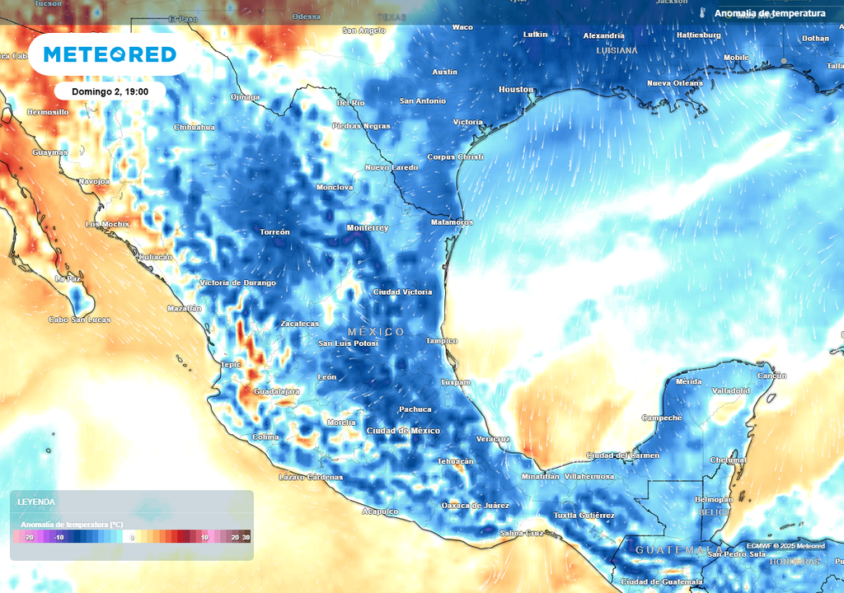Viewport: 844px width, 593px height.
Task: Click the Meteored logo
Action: click(x=110, y=54)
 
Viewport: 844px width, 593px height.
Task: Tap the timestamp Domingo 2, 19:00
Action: click(x=110, y=91)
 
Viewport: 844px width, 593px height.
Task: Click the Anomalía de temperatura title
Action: click(x=769, y=13)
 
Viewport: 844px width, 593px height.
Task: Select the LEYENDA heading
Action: click(x=37, y=502)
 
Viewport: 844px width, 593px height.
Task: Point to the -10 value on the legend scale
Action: click(x=59, y=537)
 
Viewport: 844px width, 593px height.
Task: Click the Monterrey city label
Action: click(x=367, y=228)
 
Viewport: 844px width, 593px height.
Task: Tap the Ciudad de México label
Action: click(x=403, y=431)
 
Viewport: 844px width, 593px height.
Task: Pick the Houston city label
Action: click(x=516, y=89)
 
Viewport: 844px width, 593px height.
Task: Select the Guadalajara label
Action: click(x=276, y=391)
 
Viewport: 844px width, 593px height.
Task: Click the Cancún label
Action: click(x=771, y=376)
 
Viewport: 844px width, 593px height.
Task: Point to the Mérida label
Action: click(x=688, y=382)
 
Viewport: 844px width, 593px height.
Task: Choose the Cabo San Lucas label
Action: click(x=79, y=320)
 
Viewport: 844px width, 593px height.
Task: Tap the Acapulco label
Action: click(x=380, y=511)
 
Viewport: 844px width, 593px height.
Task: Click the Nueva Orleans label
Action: click(x=674, y=83)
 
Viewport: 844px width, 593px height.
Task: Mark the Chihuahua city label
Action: click(x=195, y=128)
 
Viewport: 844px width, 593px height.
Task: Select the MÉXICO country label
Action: click(x=376, y=332)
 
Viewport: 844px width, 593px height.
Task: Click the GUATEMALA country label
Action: click(x=679, y=549)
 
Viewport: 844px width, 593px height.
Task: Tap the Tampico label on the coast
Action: click(x=441, y=341)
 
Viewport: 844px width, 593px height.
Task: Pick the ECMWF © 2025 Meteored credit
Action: click(x=785, y=545)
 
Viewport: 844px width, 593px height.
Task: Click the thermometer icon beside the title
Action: click(x=703, y=13)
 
